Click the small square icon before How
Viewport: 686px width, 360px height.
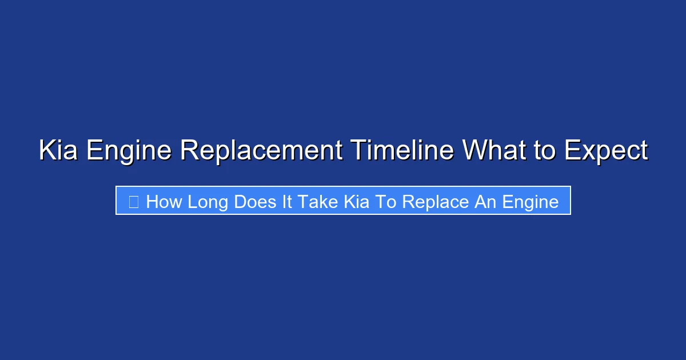134,201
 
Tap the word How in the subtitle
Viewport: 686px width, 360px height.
163,201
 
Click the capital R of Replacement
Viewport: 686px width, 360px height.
188,151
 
